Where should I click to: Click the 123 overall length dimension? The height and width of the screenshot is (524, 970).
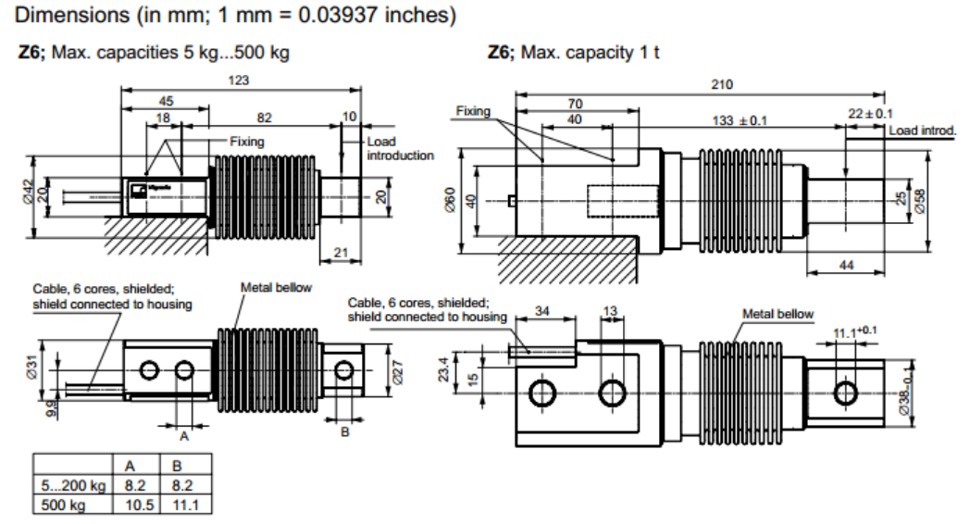tap(240, 81)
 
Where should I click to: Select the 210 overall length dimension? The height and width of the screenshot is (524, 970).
tap(721, 84)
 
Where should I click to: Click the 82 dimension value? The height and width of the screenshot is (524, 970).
tap(264, 118)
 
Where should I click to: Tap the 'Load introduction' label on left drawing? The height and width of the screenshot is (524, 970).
tap(400, 148)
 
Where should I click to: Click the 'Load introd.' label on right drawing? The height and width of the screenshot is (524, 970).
tap(922, 131)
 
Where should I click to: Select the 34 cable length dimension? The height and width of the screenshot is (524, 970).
tap(541, 312)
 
